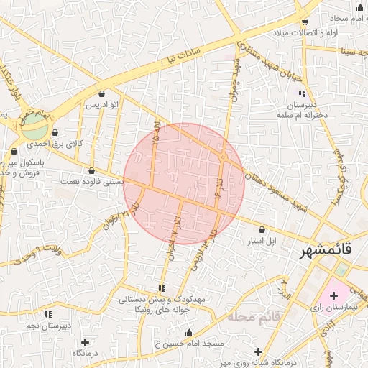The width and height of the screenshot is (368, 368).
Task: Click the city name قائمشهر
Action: pos(326,251)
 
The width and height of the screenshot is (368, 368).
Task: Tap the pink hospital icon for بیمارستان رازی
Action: pos(333,295)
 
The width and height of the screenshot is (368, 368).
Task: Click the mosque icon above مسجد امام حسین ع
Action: pos(189,332)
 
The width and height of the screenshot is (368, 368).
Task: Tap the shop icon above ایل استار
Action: pos(262,229)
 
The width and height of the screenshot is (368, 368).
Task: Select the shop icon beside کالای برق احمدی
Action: pos(55,132)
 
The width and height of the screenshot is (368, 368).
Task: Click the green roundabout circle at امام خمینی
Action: pos(32,130)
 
